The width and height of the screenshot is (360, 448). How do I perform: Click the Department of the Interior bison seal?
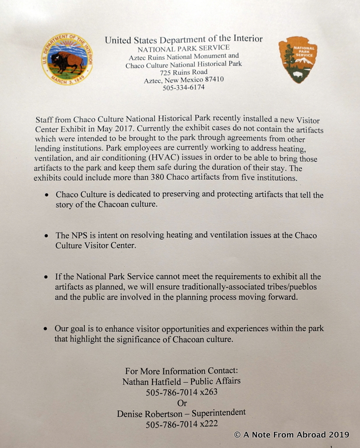tap(67, 59)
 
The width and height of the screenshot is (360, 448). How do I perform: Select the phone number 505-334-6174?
tap(184, 87)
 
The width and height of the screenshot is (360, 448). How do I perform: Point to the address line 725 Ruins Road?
tap(184, 72)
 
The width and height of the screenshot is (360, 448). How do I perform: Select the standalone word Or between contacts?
tap(182, 403)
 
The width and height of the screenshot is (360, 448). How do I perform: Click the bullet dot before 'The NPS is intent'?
tap(46, 236)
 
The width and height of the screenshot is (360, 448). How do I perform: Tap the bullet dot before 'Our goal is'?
tap(46, 329)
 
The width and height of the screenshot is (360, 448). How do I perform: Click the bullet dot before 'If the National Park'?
tap(46, 277)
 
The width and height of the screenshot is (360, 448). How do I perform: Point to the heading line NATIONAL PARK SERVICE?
tap(184, 49)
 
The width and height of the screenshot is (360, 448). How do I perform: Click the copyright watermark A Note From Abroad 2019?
tap(292, 434)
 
